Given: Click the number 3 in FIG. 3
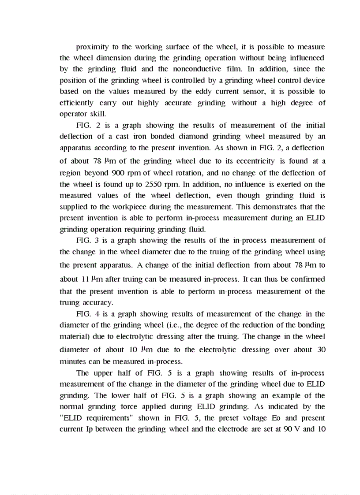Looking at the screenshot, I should (98, 241).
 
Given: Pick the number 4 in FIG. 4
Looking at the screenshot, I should (98, 314).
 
